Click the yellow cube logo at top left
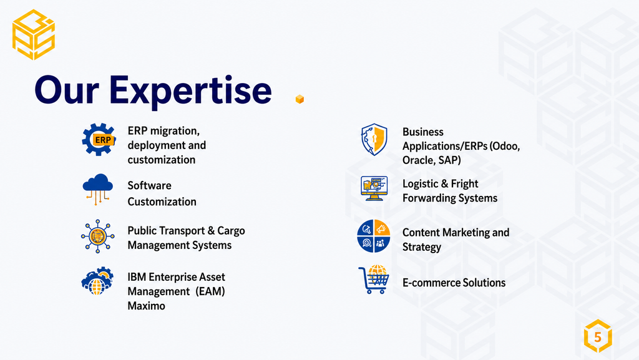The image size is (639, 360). [x=34, y=34]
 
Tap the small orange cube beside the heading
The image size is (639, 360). [x=300, y=99]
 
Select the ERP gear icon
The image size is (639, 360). [x=99, y=140]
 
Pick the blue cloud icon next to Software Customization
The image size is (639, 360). [x=98, y=189]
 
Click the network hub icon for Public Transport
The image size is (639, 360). [x=98, y=236]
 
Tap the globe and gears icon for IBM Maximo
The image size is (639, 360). [x=97, y=281]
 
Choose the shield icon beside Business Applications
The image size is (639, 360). [x=374, y=140]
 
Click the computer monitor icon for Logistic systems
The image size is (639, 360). [x=374, y=188]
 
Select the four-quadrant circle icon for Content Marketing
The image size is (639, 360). [x=374, y=236]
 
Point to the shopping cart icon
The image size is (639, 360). [x=374, y=280]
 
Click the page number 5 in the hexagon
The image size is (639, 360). [x=598, y=337]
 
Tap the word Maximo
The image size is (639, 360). [x=146, y=306]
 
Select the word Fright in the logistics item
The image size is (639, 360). [x=464, y=184]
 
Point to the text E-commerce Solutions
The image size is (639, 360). [x=454, y=283]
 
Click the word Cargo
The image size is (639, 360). [x=231, y=231]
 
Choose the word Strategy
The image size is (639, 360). [x=422, y=247]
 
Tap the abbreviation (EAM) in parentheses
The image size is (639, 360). [x=210, y=291]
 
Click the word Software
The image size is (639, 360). [x=150, y=186]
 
